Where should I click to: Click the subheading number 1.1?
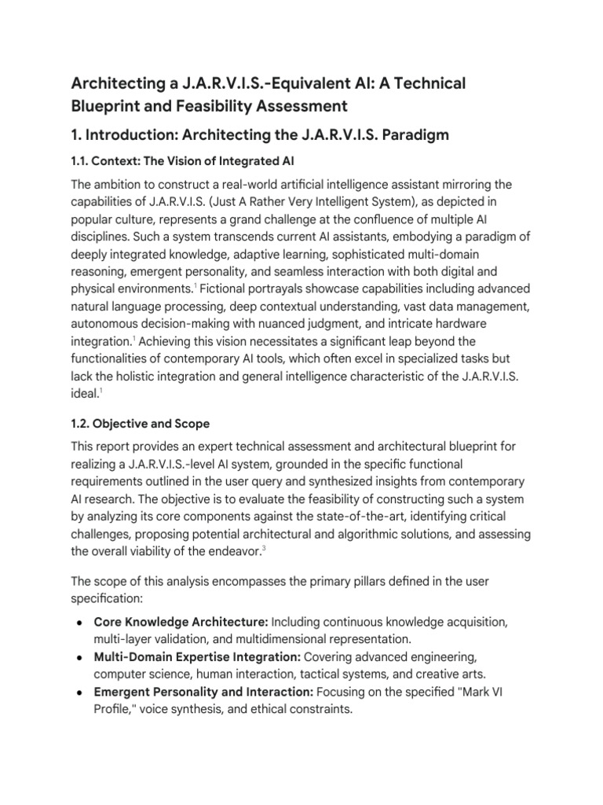point(80,162)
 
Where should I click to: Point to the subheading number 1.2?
point(81,424)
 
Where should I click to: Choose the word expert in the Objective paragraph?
point(205,447)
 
